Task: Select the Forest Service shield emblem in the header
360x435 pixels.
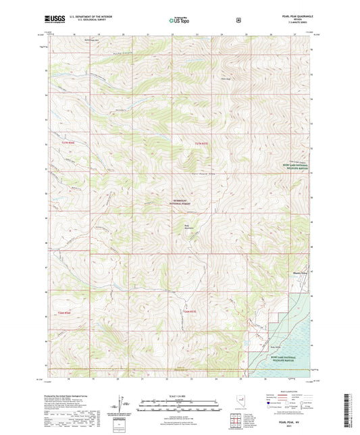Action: click(238, 20)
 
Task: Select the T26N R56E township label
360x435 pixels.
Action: click(64, 311)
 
